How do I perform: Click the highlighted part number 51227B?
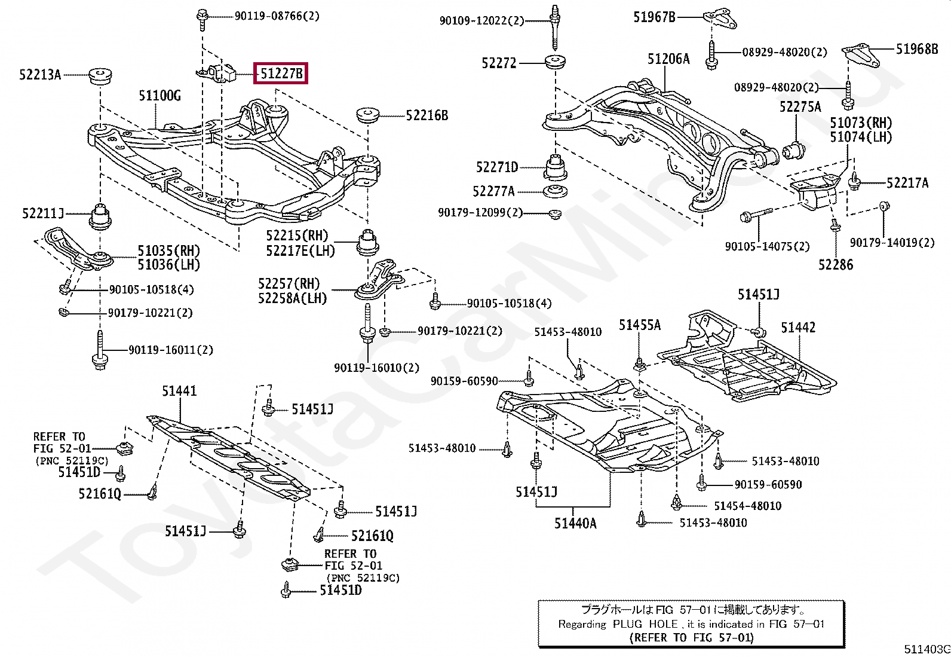tap(281, 74)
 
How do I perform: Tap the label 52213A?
tap(41, 75)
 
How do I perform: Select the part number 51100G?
tap(159, 96)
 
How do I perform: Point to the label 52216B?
tap(427, 115)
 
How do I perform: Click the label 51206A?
tap(668, 59)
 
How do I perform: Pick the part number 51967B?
tap(654, 17)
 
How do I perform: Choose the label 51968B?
tap(917, 49)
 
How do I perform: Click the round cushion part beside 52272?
tap(555, 62)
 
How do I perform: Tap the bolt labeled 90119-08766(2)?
tap(202, 20)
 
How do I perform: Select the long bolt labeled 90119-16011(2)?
tap(100, 351)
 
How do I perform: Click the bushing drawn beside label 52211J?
tap(100, 216)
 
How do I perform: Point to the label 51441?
tap(179, 390)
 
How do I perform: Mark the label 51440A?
tap(575, 523)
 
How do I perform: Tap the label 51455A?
tap(640, 325)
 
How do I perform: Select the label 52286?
tap(836, 265)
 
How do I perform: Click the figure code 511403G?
tap(927, 649)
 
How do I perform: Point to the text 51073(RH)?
tap(861, 123)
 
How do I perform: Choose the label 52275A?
tap(800, 106)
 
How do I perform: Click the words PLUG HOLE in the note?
tap(645, 624)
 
